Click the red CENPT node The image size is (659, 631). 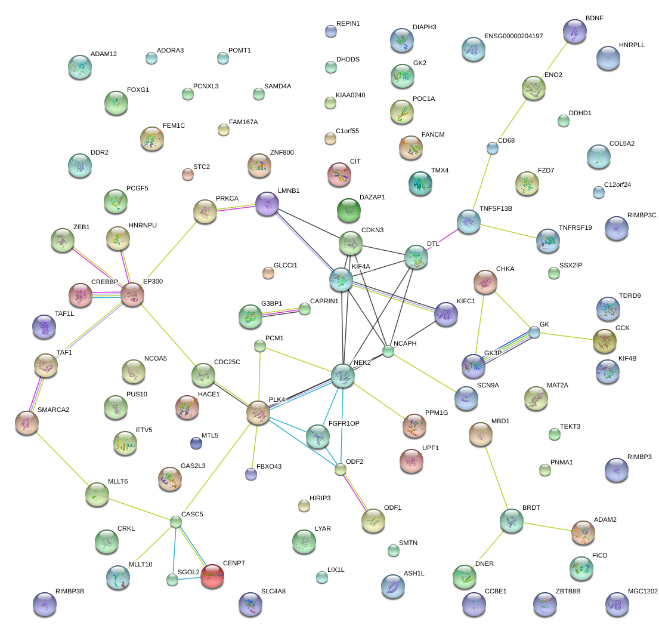pyautogui.click(x=212, y=576)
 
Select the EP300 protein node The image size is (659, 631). pyautogui.click(x=132, y=294)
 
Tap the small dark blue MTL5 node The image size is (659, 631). pyautogui.click(x=196, y=443)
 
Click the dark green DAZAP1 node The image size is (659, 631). pyautogui.click(x=349, y=210)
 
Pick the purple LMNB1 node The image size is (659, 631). pyautogui.click(x=267, y=204)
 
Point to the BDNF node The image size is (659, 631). pyautogui.click(x=574, y=31)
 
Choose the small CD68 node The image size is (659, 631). pyautogui.click(x=493, y=148)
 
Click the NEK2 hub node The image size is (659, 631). pyautogui.click(x=343, y=375)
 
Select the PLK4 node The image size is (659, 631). pyautogui.click(x=258, y=413)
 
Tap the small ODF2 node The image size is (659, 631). pyautogui.click(x=341, y=469)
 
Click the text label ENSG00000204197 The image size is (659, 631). pyautogui.click(x=513, y=36)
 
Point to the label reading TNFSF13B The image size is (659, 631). pyautogui.click(x=496, y=209)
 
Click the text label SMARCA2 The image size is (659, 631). pyautogui.click(x=53, y=410)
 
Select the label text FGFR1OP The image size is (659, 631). pyautogui.click(x=344, y=424)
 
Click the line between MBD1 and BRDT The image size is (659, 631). pyautogui.click(x=496, y=478)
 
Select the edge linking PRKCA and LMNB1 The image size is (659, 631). pyautogui.click(x=236, y=207)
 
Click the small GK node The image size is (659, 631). pyautogui.click(x=534, y=333)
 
